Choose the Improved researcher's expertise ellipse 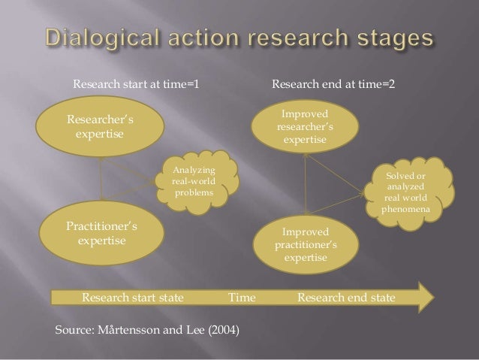click(304, 126)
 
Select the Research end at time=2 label click(332, 86)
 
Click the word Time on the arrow click(242, 298)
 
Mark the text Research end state click(346, 298)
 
